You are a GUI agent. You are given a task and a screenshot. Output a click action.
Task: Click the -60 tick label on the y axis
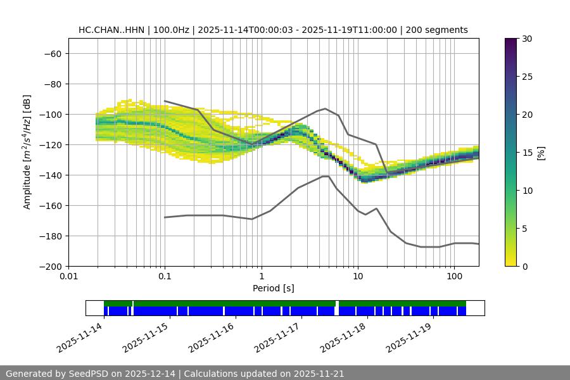[51, 53]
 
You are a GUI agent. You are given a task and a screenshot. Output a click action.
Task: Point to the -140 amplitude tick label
[49, 175]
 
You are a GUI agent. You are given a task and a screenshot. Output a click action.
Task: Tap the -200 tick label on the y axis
[49, 266]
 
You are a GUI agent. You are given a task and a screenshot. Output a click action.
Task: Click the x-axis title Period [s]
[274, 288]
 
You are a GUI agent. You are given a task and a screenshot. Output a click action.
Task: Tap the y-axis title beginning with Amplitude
[27, 152]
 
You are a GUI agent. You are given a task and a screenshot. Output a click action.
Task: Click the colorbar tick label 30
[526, 39]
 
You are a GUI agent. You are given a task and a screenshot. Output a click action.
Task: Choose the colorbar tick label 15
[526, 153]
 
